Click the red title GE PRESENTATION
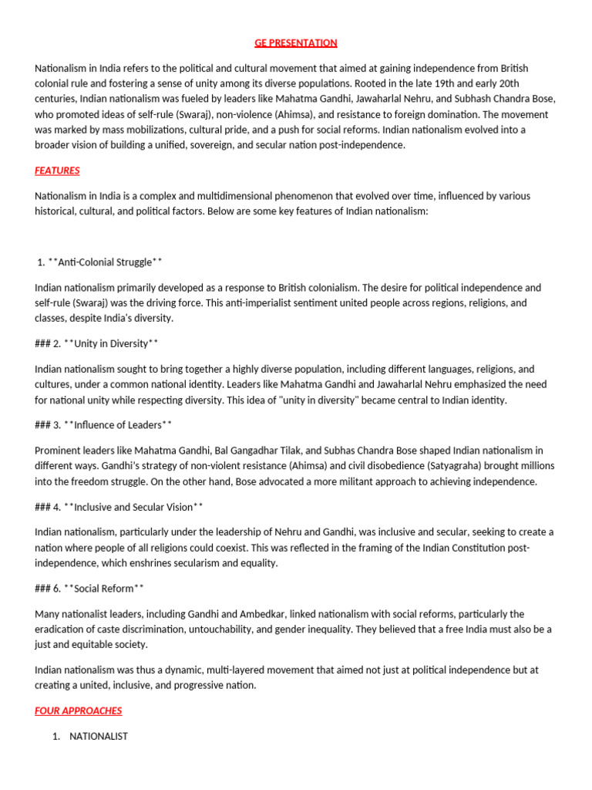(x=296, y=42)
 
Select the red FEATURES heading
(x=57, y=170)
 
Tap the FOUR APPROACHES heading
(x=78, y=711)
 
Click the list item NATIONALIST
(x=99, y=736)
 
